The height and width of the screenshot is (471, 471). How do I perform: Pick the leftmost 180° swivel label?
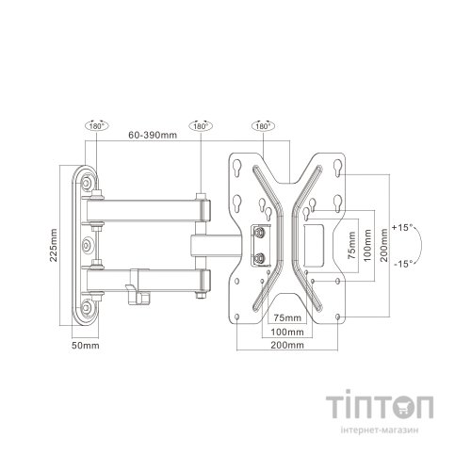click(x=95, y=124)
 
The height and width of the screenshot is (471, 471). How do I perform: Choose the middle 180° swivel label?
click(x=200, y=124)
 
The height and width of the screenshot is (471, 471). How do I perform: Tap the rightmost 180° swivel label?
click(x=263, y=124)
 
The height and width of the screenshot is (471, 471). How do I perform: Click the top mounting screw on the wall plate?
click(x=88, y=181)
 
